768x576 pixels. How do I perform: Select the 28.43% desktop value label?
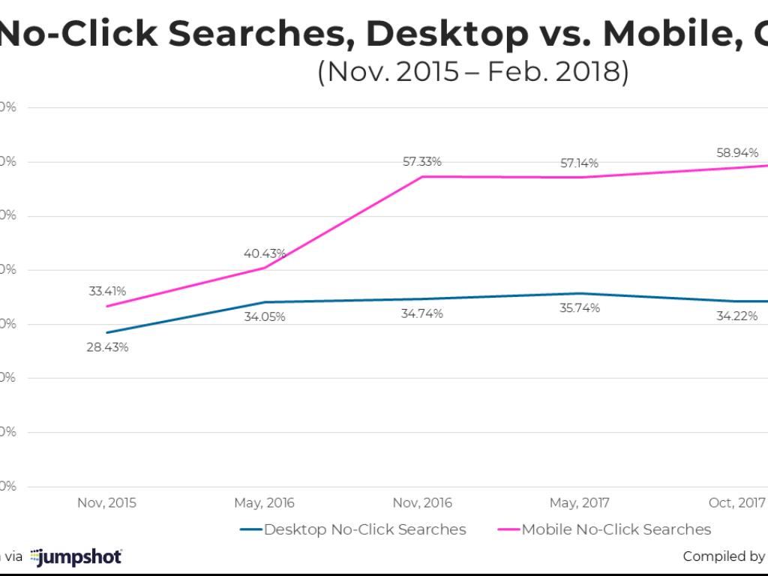(107, 347)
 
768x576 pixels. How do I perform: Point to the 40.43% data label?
(265, 253)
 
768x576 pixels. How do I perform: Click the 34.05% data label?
(264, 316)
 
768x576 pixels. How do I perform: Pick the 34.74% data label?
(421, 313)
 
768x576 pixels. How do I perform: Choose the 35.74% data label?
(579, 307)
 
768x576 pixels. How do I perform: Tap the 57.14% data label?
(579, 163)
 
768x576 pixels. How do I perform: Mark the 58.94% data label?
(736, 152)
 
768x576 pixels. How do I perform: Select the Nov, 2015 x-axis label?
(107, 502)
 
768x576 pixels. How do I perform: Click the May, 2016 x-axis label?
(265, 502)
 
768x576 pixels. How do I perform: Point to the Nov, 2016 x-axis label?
(422, 502)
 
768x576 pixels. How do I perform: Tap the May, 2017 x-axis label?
(579, 502)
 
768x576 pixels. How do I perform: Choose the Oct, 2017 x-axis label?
(736, 502)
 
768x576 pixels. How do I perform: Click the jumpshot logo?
(76, 556)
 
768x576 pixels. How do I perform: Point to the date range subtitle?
(472, 73)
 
